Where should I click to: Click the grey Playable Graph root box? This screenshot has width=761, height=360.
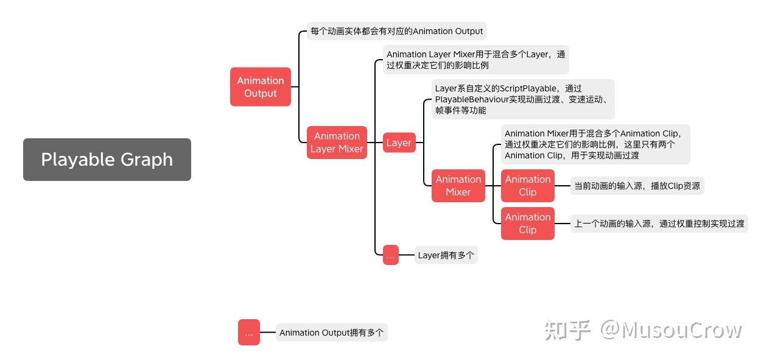(107, 160)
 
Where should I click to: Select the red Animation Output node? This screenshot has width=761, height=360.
(261, 87)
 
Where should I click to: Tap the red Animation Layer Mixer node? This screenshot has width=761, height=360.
(337, 143)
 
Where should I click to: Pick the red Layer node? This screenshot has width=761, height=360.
(399, 143)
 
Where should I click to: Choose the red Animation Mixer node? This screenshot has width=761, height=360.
(458, 186)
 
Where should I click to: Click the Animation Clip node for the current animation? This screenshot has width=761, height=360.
(528, 186)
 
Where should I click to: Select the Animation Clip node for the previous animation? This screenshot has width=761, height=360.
(528, 224)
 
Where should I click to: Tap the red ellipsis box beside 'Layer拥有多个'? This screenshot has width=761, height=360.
(391, 255)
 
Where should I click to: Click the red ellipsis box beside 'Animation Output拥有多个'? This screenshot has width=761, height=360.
(249, 333)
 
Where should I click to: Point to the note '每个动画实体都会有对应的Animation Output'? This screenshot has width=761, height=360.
(396, 31)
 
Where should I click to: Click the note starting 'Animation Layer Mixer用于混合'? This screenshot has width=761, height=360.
(476, 60)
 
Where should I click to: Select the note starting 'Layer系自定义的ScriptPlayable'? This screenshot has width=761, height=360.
(522, 99)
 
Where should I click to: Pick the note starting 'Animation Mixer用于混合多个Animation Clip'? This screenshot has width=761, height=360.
(595, 144)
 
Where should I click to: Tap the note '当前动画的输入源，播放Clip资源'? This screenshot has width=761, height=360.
(637, 186)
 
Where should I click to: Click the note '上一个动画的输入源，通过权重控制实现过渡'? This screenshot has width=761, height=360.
(659, 224)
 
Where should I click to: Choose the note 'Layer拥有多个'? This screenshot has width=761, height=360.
(446, 255)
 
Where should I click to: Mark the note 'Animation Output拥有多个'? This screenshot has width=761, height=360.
(331, 333)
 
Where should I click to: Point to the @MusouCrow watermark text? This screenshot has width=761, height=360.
(672, 330)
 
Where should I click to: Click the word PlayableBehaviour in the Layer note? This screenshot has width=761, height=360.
(471, 99)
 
